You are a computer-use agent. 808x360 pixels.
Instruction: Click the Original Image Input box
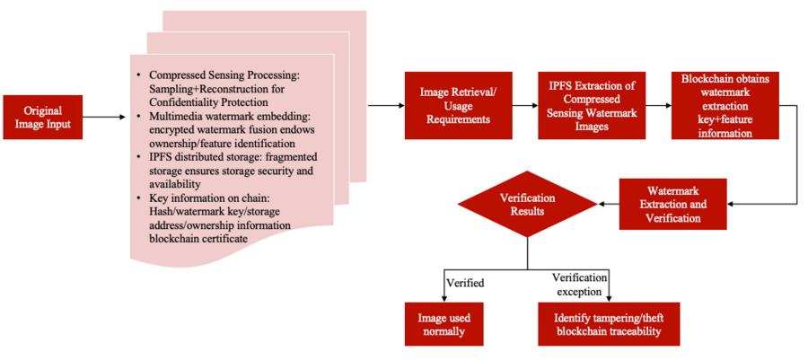43,117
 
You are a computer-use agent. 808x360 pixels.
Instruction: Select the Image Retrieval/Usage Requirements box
458,106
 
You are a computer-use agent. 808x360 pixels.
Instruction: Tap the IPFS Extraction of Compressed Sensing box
592,106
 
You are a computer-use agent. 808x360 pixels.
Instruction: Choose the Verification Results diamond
527,205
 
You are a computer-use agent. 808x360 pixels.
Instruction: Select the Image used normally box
444,324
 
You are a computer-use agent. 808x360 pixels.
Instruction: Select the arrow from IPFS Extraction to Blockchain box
657,106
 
